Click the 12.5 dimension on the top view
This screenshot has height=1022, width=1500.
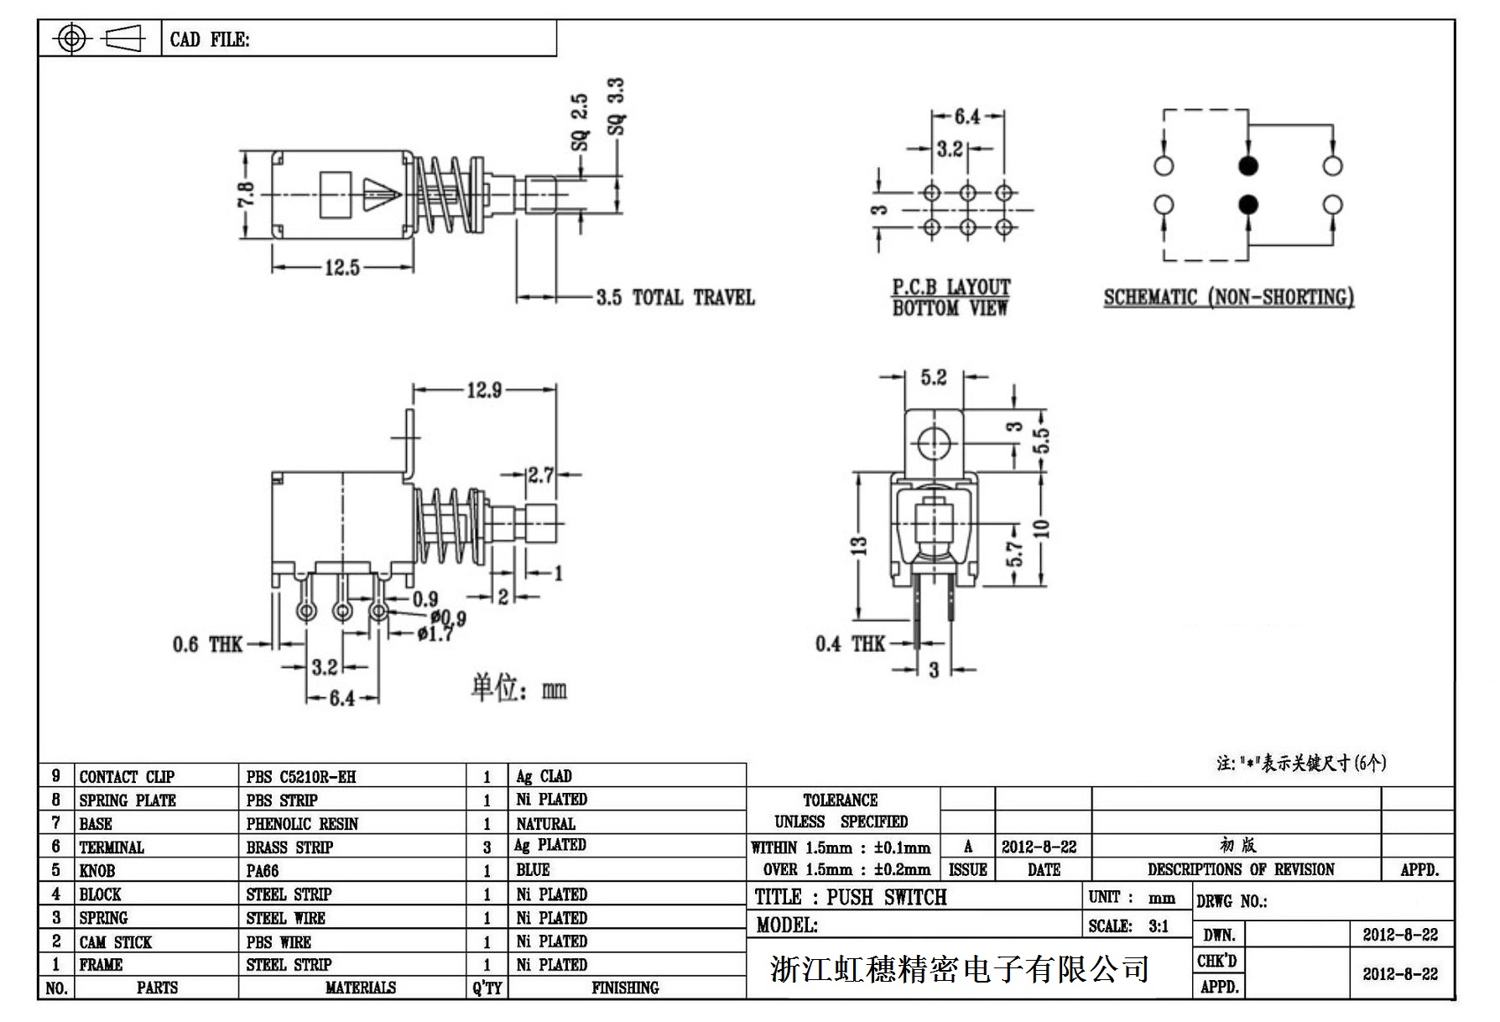point(342,269)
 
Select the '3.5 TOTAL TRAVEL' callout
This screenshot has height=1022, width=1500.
point(675,298)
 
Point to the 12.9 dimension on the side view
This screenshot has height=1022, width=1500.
point(484,390)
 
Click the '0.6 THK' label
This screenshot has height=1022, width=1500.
point(207,644)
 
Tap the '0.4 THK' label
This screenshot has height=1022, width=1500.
point(850,644)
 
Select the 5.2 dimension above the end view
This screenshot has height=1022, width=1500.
point(933,378)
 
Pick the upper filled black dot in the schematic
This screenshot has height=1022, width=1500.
point(1248,166)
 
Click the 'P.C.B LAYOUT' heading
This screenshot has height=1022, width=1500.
point(951,287)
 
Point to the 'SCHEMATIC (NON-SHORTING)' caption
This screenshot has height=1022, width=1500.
point(1228,298)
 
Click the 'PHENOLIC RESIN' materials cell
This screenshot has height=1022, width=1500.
point(302,824)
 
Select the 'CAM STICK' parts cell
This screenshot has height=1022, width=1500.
point(116,942)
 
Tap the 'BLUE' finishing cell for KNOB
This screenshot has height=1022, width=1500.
point(533,870)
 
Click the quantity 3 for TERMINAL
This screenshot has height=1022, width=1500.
point(487,847)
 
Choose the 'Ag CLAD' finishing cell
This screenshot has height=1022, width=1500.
point(544,776)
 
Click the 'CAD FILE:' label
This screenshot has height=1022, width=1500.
point(210,39)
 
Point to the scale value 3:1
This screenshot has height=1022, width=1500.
point(1159,926)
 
